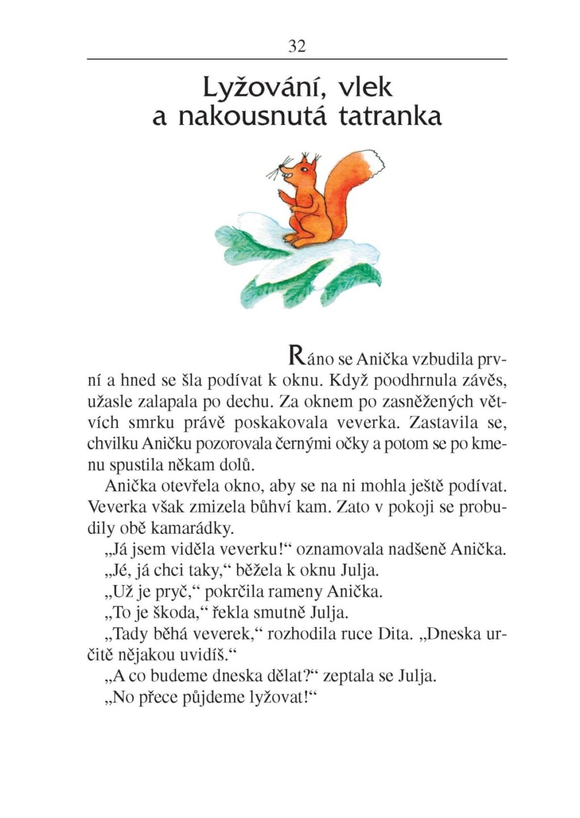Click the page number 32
pos(297,46)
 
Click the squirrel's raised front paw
pos(282,195)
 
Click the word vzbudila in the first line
pos(443,360)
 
